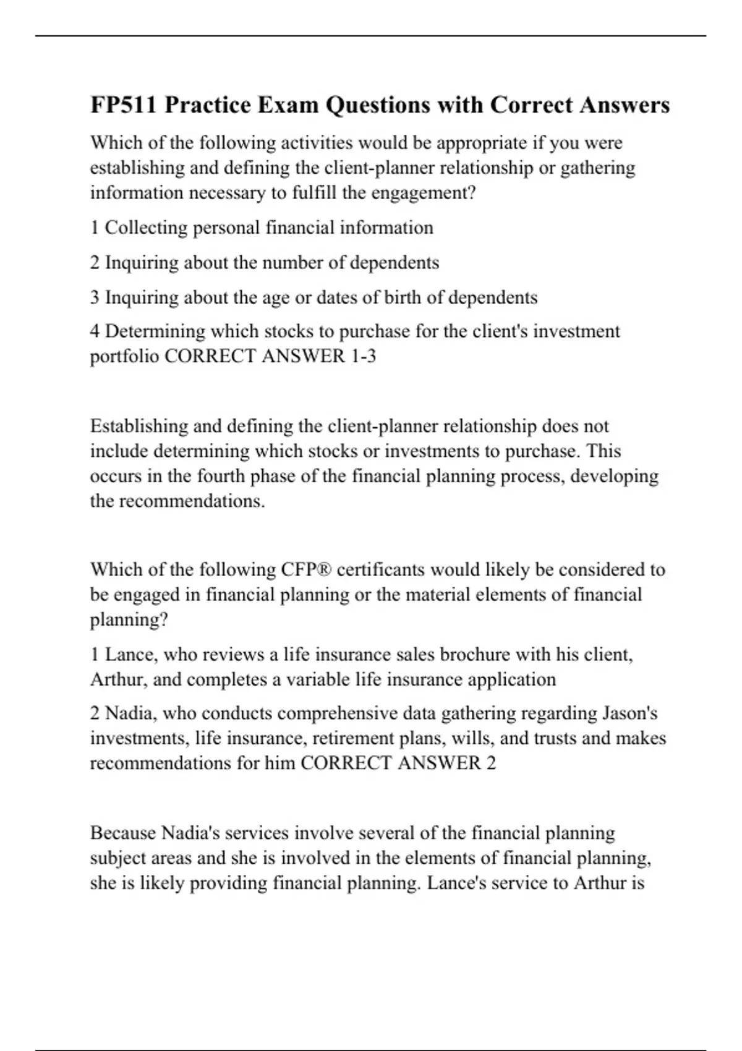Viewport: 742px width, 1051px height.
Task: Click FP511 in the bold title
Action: coord(124,105)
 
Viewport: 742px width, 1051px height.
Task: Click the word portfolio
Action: coord(124,357)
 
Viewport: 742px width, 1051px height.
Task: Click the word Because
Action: coord(123,833)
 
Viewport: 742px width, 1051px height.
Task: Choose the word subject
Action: coord(118,858)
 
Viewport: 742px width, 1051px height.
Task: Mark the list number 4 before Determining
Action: coord(95,331)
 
